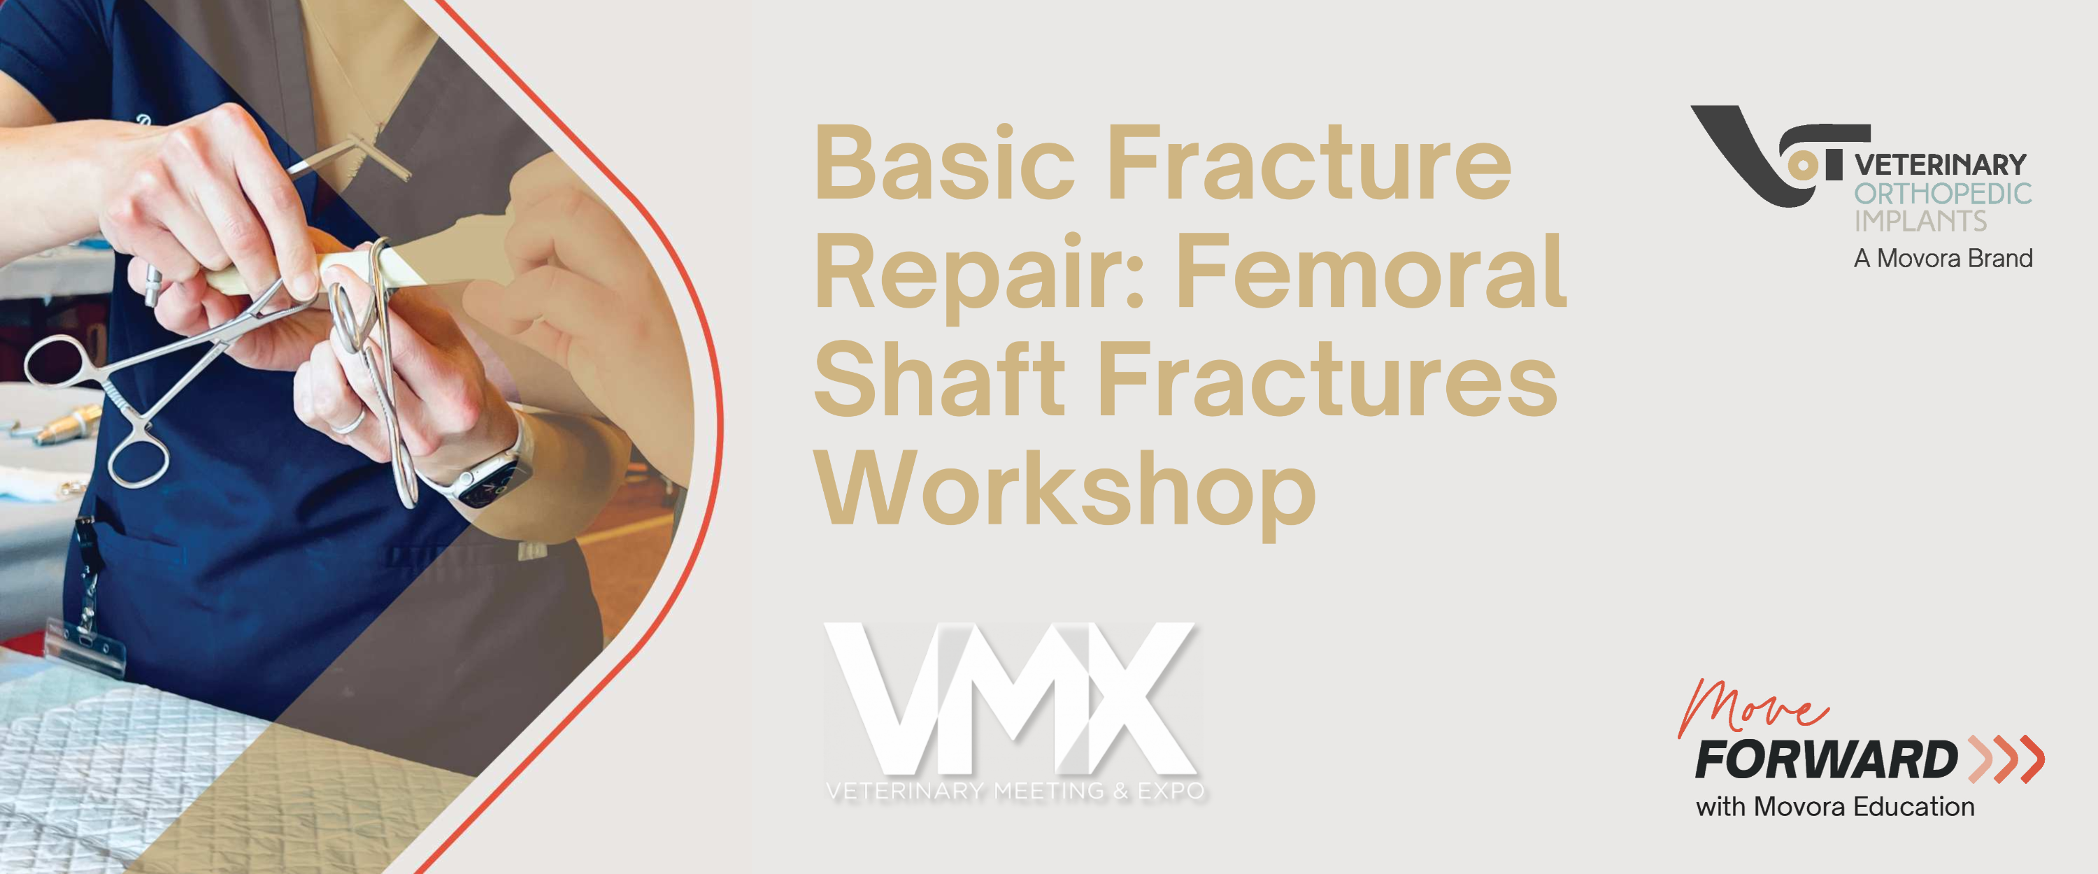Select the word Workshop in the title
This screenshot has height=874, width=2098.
[1065, 488]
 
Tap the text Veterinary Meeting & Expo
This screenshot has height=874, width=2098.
[1015, 790]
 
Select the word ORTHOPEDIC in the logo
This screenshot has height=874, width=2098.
[1943, 194]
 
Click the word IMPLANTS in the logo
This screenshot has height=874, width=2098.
[1920, 221]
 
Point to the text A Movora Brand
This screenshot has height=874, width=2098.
[1943, 258]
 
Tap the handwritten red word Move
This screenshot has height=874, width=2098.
[1751, 707]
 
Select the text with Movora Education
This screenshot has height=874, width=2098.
[1836, 806]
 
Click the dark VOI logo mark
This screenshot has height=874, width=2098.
[1781, 155]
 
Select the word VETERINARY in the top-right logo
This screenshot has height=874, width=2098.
[1941, 165]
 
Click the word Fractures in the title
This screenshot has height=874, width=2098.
[1328, 379]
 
